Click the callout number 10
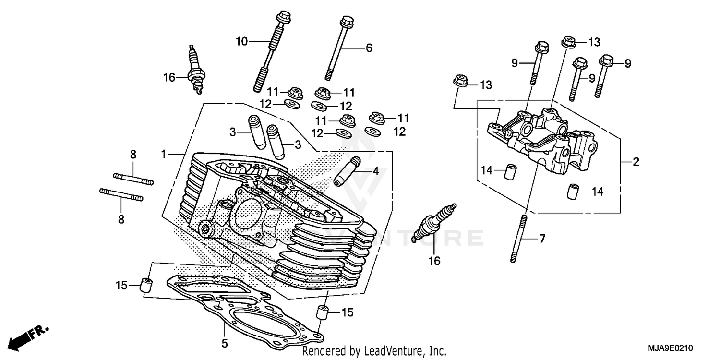pos(241,42)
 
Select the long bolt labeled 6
pos(338,48)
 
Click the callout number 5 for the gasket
pos(225,343)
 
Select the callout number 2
pos(636,162)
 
